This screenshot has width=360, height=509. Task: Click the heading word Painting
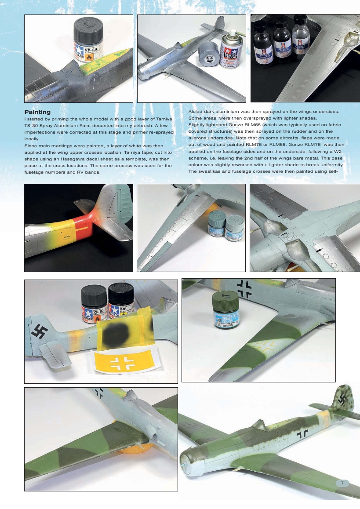click(x=37, y=112)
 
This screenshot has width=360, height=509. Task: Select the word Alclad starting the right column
click(x=196, y=112)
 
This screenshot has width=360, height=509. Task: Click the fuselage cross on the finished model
click(x=302, y=434)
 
